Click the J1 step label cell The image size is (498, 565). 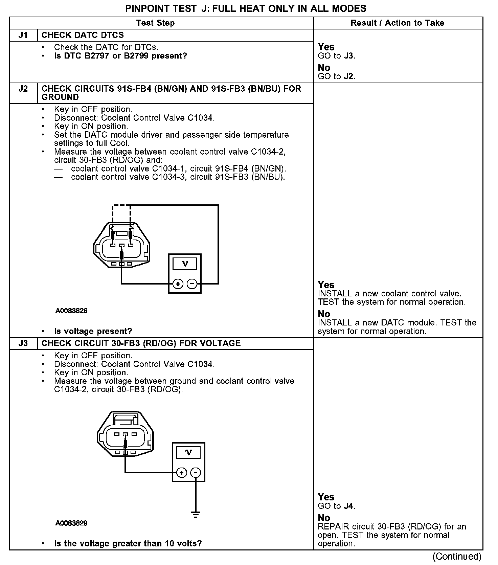tap(23, 35)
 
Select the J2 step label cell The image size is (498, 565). tap(23, 89)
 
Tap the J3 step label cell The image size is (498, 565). tap(23, 343)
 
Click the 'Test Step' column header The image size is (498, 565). tap(155, 23)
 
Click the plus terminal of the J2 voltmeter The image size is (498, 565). tap(178, 284)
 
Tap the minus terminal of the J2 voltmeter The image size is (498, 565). tap(192, 284)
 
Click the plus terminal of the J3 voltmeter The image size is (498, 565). tap(182, 472)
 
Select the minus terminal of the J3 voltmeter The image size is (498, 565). tap(196, 472)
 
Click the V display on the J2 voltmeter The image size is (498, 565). tap(185, 264)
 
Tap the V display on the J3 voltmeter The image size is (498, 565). tap(188, 452)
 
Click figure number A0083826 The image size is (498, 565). tap(71, 311)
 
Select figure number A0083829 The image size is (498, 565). tap(71, 523)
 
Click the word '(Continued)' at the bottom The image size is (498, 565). tap(457, 557)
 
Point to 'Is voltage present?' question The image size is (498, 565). tap(93, 331)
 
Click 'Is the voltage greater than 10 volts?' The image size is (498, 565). tap(128, 544)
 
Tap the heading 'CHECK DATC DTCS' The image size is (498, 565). tap(83, 35)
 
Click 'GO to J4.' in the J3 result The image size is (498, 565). tap(337, 506)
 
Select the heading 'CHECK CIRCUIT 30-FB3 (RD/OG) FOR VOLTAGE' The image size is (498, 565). tap(141, 343)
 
